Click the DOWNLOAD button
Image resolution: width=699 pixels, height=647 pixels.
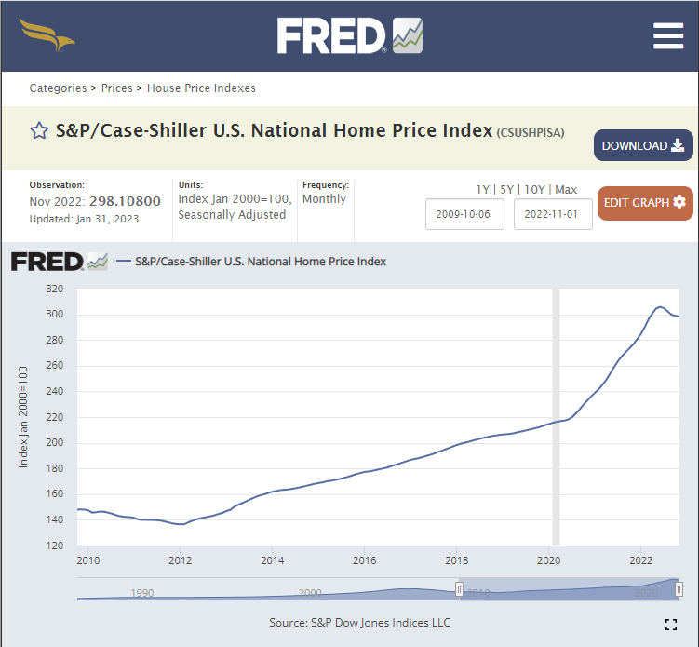[643, 146]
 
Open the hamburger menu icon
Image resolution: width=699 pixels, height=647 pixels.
[668, 35]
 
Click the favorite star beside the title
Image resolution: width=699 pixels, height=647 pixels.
[39, 131]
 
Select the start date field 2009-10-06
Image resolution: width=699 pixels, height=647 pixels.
[464, 213]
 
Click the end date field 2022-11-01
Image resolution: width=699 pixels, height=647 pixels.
[553, 213]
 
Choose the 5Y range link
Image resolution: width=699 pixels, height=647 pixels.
[507, 190]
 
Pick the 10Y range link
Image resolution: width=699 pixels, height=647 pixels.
[535, 190]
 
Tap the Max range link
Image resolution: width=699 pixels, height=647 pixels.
[566, 190]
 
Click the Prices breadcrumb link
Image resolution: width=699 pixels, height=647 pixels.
[116, 88]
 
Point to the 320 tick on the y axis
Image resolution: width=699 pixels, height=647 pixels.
[54, 289]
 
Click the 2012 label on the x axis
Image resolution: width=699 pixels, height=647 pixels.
[180, 560]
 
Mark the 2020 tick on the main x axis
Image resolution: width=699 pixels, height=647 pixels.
[549, 560]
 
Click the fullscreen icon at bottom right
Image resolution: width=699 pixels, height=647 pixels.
[671, 624]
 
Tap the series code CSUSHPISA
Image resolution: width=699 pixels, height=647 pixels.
[531, 132]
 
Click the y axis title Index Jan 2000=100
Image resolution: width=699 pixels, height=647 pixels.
[24, 417]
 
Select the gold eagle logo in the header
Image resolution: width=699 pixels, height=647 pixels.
[47, 35]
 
